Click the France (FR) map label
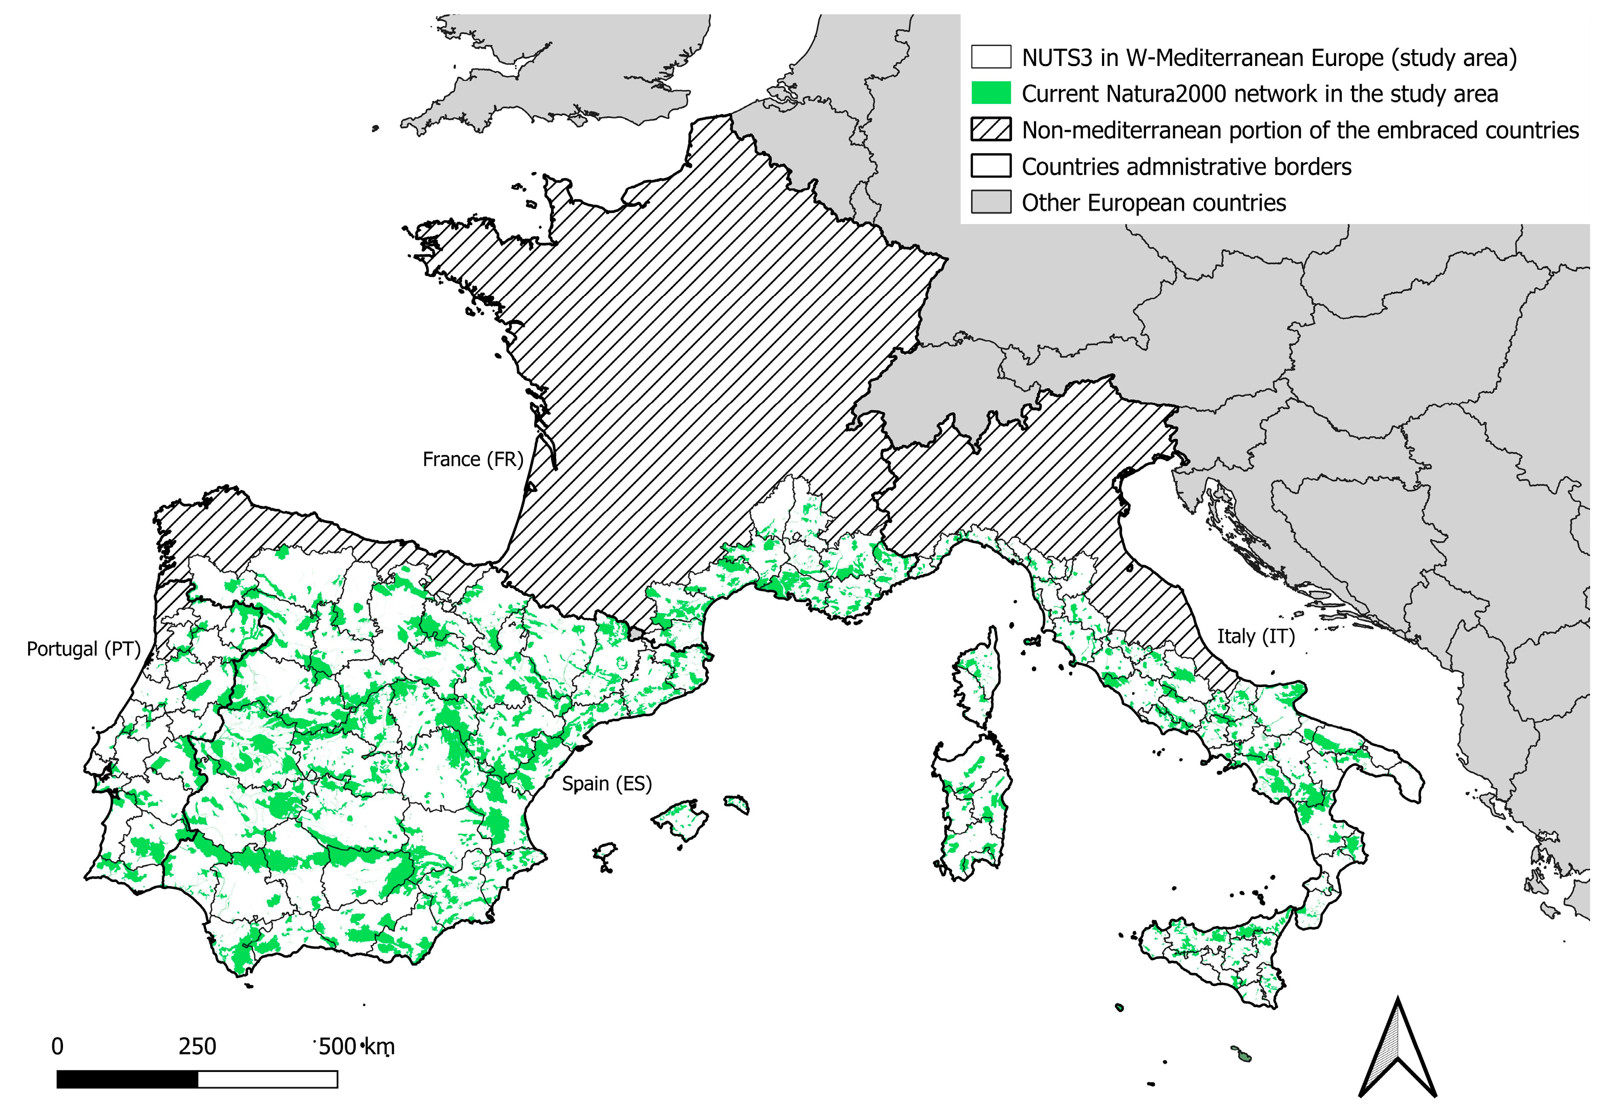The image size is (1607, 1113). [x=472, y=460]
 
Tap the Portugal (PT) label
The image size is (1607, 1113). [x=83, y=649]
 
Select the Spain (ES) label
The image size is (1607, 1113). [x=606, y=784]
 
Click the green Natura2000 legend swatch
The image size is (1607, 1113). [x=990, y=94]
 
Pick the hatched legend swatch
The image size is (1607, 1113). [x=990, y=130]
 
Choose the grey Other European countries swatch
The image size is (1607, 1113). [x=990, y=203]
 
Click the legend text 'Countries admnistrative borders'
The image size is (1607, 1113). [x=1186, y=167]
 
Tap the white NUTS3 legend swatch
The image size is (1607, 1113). [x=990, y=57]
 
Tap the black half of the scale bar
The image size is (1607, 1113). [x=127, y=1080]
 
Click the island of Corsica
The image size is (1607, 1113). [x=977, y=676]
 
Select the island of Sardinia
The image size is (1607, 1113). [x=973, y=809]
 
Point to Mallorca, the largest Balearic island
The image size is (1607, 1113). [x=680, y=820]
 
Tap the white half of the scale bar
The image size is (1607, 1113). [x=268, y=1080]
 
